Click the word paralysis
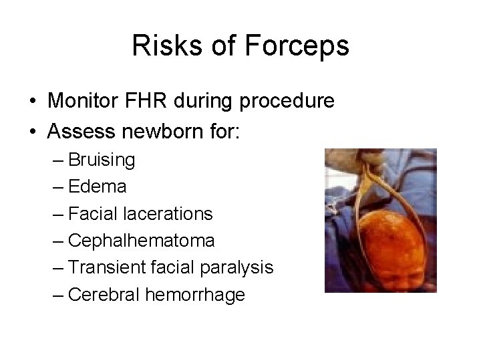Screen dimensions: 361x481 [238, 267]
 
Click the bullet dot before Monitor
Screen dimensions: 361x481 [32, 103]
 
